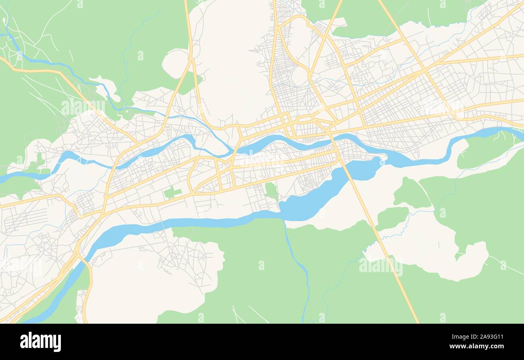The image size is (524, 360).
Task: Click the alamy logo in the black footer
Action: coord(40,342)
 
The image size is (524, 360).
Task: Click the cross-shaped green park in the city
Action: coord(173,192)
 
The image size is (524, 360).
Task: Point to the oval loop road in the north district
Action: coord(299,76)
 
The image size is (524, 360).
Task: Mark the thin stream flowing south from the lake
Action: coord(298,262)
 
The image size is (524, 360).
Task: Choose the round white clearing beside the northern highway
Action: coord(175,63)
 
